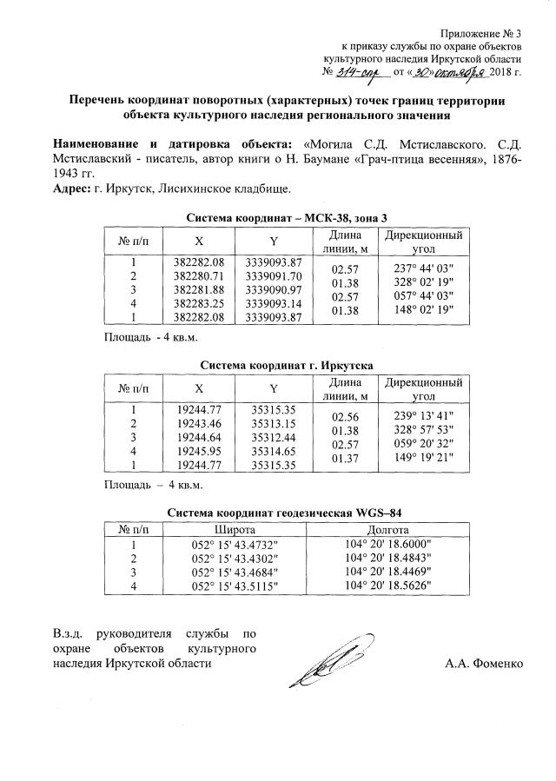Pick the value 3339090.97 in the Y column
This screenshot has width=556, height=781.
(273, 288)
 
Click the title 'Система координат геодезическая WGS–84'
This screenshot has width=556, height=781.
(286, 513)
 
